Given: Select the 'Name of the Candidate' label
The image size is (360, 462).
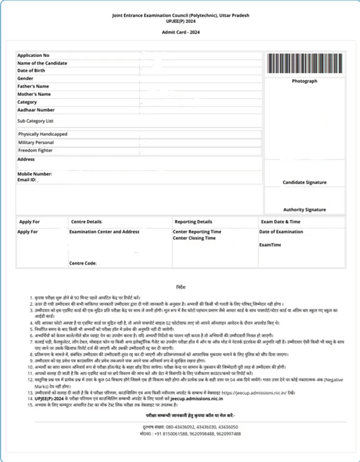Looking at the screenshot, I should point(42,63).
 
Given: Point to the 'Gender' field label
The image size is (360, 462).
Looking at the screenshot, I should point(26,78).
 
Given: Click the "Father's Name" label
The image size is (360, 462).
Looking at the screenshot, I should point(34,86).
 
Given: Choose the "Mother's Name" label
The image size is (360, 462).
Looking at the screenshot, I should point(34,94).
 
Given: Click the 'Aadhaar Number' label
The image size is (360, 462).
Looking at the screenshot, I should point(36,109).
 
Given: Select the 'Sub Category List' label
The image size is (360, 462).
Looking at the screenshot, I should point(36,120).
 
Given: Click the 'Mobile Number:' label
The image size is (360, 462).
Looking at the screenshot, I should point(35,173).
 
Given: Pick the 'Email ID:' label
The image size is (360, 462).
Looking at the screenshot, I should point(27,180).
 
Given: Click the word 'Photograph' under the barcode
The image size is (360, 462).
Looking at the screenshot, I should point(304,82).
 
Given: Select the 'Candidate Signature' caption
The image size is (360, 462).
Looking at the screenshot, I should point(305,182).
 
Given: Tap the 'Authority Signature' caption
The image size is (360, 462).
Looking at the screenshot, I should point(305,209).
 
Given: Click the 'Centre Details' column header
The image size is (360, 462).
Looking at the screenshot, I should point(86,222).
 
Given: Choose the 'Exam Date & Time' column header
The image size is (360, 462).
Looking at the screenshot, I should point(281,222).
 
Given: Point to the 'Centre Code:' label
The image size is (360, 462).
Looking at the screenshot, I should point(83,263).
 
